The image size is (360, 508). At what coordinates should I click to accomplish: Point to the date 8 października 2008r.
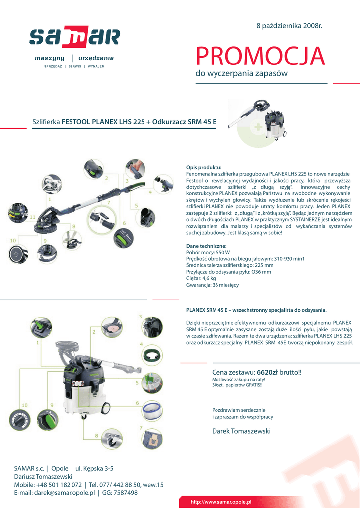289,25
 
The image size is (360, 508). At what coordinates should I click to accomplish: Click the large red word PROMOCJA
260,57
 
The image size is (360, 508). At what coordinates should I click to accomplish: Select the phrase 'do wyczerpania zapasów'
241,74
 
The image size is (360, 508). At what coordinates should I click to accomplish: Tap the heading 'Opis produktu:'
204,167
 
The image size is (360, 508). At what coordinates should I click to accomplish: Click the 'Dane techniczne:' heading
206,246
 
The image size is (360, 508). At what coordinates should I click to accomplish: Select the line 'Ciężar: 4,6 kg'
201,278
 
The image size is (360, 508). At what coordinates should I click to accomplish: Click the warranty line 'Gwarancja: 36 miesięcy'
212,285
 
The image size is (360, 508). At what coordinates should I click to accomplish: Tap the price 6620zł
267,372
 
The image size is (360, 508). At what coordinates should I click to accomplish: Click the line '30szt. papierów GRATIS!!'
237,385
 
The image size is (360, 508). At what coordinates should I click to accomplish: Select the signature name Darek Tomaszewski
241,431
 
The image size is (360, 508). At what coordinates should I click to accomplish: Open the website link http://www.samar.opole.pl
221,502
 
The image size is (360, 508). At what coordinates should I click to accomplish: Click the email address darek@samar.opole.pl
64,493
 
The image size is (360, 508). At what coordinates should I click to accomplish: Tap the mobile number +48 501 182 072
59,485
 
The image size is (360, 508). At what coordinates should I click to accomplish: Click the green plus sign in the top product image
258,128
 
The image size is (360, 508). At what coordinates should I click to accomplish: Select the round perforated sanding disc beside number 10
19,254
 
